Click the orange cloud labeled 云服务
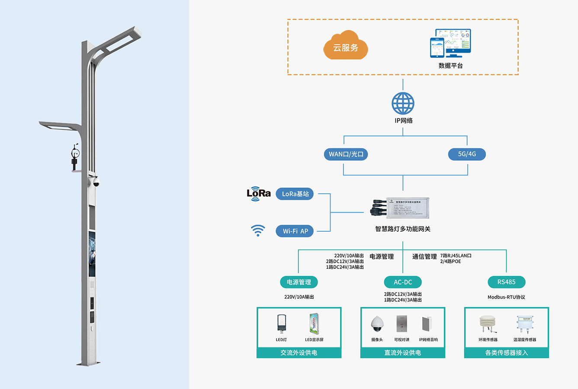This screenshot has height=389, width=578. click(x=346, y=46)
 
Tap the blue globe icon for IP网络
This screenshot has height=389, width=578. click(x=403, y=103)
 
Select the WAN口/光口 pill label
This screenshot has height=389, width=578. click(x=346, y=154)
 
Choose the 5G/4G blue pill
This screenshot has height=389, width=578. click(x=467, y=154)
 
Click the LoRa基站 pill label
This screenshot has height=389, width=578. click(x=295, y=194)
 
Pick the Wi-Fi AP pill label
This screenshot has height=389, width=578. click(x=295, y=231)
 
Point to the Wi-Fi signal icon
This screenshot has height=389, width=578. click(x=258, y=230)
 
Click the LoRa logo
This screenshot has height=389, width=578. click(x=259, y=194)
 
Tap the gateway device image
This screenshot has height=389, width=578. click(x=400, y=209)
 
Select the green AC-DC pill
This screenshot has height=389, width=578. click(x=402, y=282)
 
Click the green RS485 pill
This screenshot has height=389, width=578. click(x=506, y=282)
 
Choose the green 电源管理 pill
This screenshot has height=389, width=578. click(x=299, y=282)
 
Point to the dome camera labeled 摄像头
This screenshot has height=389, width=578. click(x=377, y=324)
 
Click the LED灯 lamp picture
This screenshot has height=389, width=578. click(x=281, y=323)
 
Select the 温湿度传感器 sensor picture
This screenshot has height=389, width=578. click(x=525, y=324)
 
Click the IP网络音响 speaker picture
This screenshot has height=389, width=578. click(x=427, y=324)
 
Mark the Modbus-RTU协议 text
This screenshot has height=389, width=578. click(x=506, y=297)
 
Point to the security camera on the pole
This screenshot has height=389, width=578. click(x=96, y=182)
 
